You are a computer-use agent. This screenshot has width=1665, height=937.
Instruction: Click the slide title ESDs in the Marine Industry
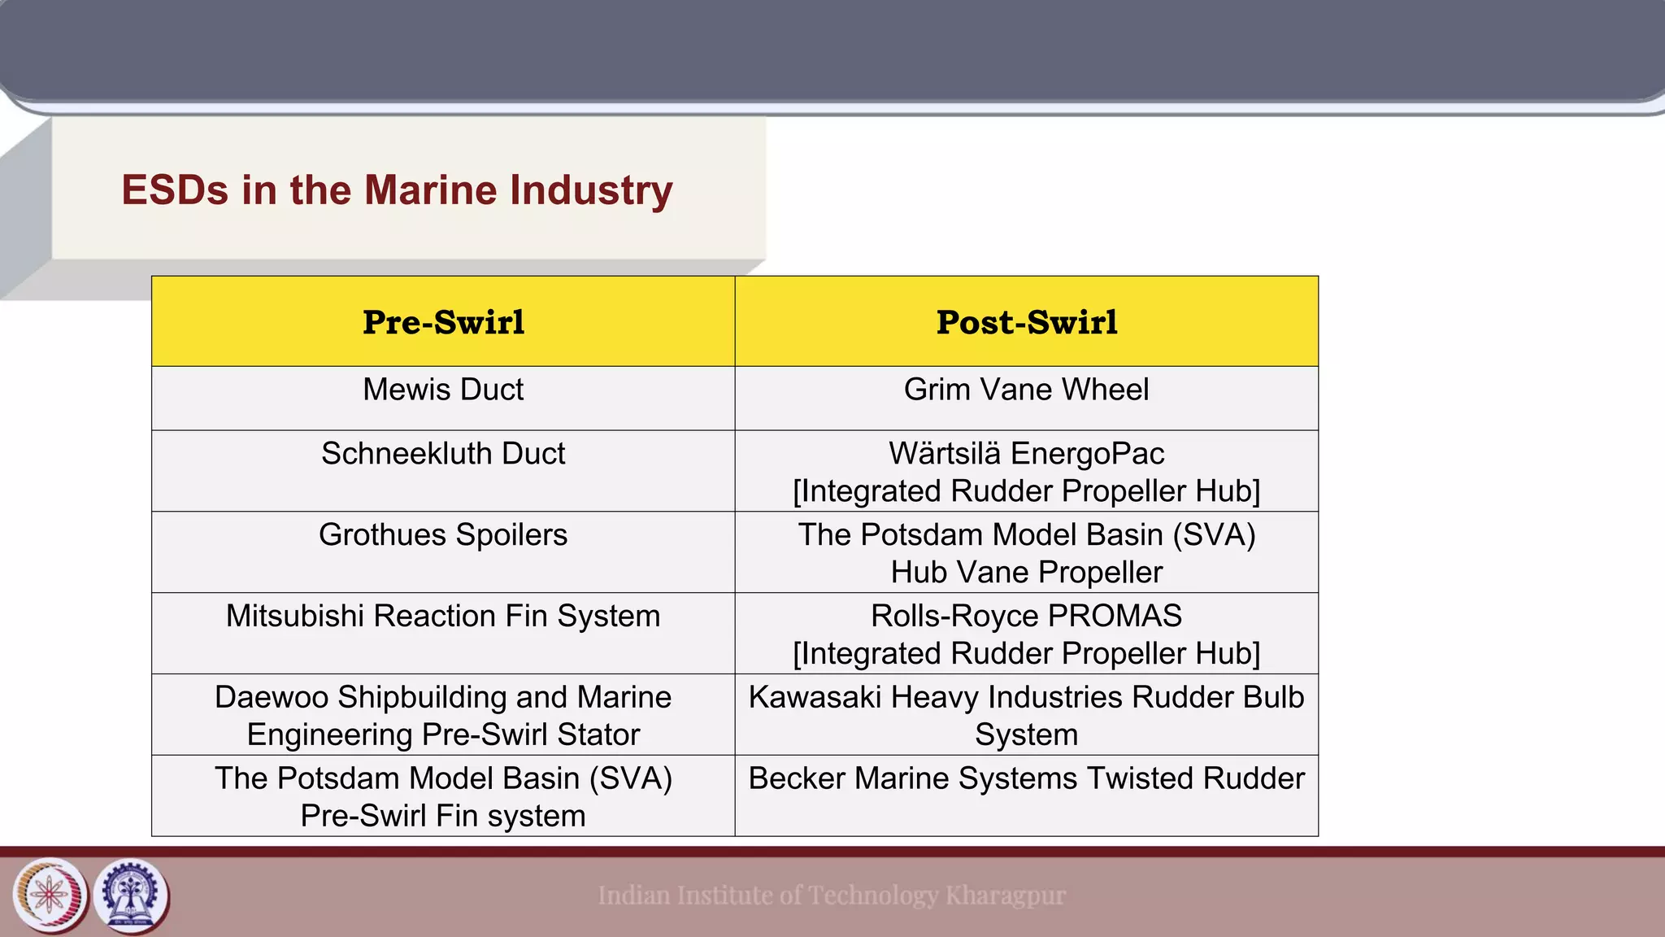point(397,190)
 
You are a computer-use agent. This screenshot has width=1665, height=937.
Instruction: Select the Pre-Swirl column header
point(443,322)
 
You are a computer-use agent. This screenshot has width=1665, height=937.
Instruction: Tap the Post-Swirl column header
point(1027,322)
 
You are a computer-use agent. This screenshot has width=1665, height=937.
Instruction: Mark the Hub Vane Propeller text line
point(1027,573)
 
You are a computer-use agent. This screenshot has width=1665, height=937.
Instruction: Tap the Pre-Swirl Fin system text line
point(443,816)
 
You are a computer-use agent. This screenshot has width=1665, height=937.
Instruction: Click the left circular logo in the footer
point(50,896)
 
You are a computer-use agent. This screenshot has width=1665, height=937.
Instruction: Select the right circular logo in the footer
point(132,896)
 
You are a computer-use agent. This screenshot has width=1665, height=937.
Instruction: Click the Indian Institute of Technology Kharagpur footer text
point(832,896)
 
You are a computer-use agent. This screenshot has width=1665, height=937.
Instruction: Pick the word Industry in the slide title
point(591,190)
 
